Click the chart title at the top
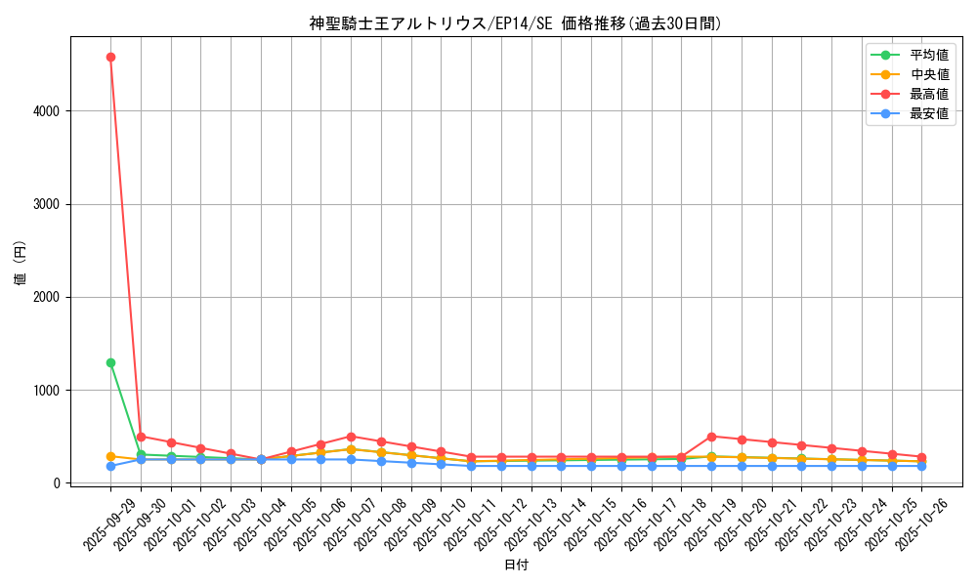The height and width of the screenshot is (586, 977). [x=515, y=23]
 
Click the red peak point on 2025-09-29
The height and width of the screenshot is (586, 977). [x=110, y=57]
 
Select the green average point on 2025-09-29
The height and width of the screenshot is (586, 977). [x=110, y=362]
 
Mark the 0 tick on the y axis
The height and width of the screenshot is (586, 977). [x=58, y=483]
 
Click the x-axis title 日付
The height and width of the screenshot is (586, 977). [x=515, y=565]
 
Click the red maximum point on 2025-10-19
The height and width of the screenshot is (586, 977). [x=711, y=437]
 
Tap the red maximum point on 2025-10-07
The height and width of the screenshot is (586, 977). [x=351, y=437]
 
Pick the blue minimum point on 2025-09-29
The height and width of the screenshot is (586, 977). [x=110, y=466]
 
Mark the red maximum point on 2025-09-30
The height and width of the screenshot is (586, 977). [x=141, y=437]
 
